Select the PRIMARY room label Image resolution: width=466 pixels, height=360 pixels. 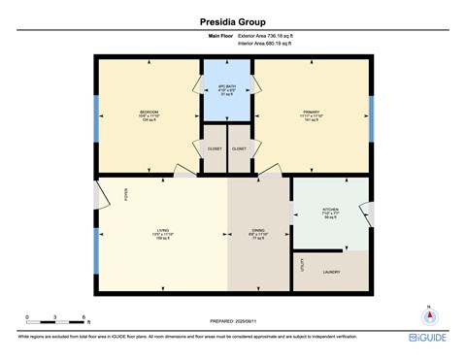[311, 113]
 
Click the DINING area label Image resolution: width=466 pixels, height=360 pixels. [257, 231]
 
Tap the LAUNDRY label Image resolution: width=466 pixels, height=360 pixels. [330, 273]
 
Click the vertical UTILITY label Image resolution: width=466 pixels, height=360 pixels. [302, 264]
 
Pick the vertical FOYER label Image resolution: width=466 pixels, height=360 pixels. [125, 197]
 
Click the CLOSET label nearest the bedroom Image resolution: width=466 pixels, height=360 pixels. [214, 148]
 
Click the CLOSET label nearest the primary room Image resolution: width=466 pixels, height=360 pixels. [240, 148]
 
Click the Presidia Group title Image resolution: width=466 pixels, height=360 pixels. [232, 17]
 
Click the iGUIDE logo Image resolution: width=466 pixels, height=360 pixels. [426, 336]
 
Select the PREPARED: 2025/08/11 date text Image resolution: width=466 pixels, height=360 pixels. [233, 321]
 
